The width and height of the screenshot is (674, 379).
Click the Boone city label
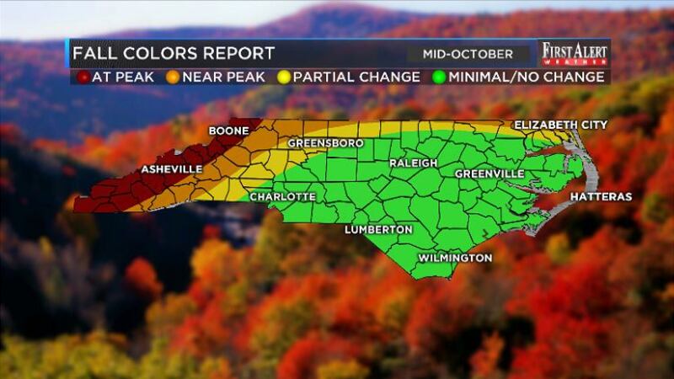click(229, 132)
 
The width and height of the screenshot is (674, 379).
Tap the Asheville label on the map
click(171, 169)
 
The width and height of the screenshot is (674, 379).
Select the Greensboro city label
click(326, 143)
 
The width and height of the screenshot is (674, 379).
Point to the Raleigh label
click(413, 163)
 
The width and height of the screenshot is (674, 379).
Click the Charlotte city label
click(282, 196)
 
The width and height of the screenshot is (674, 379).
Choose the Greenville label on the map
click(489, 173)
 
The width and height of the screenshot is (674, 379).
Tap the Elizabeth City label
click(560, 125)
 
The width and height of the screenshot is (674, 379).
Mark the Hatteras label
click(601, 196)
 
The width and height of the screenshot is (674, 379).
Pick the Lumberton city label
click(378, 229)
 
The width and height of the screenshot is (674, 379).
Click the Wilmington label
click(455, 258)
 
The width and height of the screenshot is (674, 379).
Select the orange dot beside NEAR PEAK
click(170, 77)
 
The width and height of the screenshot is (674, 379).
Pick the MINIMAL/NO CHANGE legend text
click(526, 77)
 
